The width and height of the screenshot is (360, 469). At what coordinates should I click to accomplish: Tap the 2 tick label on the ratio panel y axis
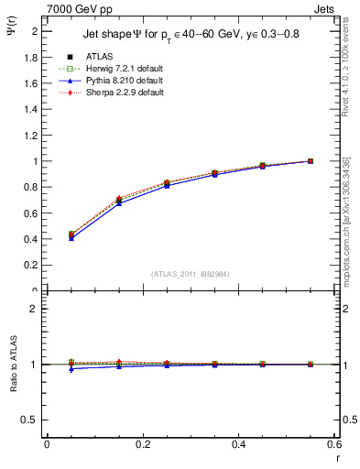coord(36,309)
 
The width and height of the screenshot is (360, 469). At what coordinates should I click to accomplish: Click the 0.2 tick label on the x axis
coord(142,444)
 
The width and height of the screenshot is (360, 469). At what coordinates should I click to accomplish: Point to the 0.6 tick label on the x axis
coord(334,444)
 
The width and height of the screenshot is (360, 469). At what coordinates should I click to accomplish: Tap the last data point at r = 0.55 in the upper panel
coord(311,161)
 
